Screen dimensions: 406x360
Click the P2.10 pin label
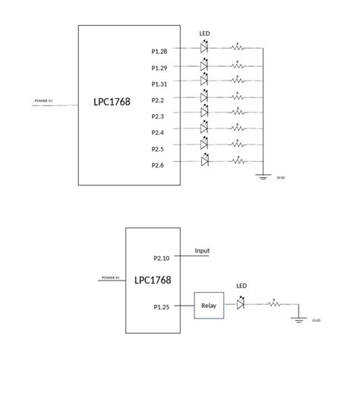tap(162, 259)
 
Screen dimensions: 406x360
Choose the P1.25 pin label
tap(162, 308)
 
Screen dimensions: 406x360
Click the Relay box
tap(209, 306)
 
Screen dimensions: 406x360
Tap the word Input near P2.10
tap(203, 251)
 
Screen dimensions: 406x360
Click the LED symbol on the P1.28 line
tap(204, 47)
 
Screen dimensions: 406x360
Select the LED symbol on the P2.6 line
tap(204, 160)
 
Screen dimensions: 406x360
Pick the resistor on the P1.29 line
tap(238, 66)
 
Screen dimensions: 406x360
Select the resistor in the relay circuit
tap(273, 304)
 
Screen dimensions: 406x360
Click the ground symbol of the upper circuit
tap(264, 176)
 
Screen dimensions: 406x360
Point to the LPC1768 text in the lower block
tap(153, 280)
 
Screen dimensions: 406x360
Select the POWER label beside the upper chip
tap(43, 100)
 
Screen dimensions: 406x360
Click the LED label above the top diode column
tap(204, 33)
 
